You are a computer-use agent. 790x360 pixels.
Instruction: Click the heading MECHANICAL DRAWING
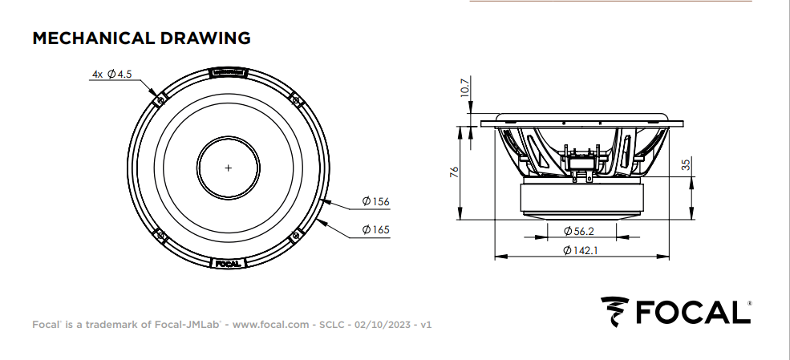tap(141, 38)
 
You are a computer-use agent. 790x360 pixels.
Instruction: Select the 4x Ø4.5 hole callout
tap(111, 75)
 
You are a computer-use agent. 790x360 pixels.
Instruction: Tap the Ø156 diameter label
tap(375, 201)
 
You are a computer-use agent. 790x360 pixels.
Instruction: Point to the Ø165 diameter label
tap(375, 230)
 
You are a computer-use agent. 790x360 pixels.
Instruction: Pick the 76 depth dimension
tap(453, 172)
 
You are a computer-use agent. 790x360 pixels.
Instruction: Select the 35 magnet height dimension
tap(686, 165)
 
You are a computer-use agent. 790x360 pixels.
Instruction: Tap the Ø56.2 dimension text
tap(578, 231)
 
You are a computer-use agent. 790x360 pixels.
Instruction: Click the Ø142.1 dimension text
tap(581, 250)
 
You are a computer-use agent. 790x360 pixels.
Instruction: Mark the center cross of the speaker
tap(229, 168)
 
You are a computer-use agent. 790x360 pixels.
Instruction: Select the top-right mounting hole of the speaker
tap(296, 100)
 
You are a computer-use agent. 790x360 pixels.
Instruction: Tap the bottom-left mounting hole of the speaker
tap(160, 236)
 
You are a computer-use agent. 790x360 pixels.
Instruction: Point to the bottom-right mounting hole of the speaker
tap(296, 236)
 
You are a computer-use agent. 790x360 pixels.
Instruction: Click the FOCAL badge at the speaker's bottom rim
tap(229, 262)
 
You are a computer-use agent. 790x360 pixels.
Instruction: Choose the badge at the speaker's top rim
tap(229, 73)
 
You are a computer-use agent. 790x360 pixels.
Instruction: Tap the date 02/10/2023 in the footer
tap(382, 326)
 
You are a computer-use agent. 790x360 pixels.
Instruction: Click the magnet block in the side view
tap(581, 198)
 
